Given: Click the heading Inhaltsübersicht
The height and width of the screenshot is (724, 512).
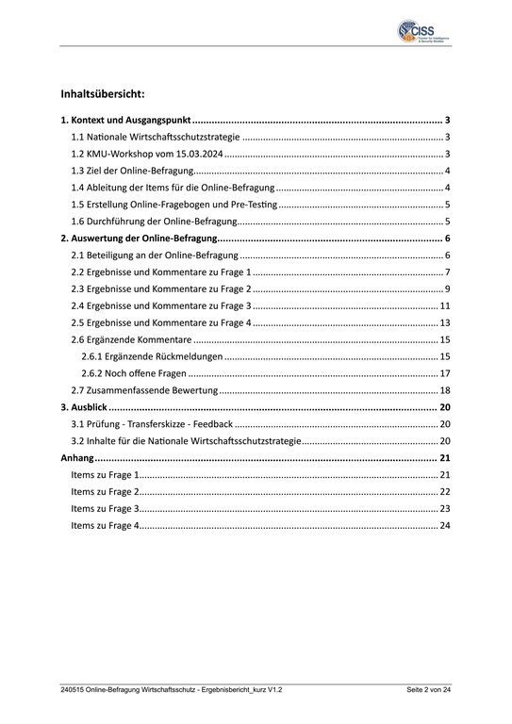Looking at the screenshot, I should (x=103, y=95).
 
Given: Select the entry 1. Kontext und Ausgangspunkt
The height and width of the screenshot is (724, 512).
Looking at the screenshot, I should (x=125, y=122).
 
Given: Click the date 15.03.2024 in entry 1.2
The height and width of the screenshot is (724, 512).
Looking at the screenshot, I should (x=196, y=155).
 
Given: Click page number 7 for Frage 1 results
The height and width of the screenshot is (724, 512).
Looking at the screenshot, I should (x=447, y=272).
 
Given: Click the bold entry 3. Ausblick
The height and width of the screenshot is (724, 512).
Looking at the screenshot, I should (x=83, y=407).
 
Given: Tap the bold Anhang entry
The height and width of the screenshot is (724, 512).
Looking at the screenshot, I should (x=76, y=458).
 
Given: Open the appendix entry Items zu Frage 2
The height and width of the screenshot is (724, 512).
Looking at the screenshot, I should (x=105, y=492).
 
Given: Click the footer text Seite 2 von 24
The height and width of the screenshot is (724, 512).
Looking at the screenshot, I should (x=429, y=691).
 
